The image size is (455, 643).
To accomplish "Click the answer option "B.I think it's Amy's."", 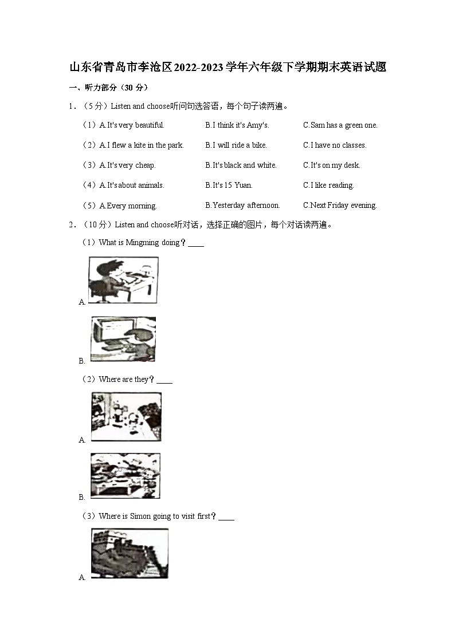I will coord(237,125).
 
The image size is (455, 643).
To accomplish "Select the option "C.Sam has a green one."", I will coord(340,125).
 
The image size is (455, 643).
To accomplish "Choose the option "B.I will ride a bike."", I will coord(236,145).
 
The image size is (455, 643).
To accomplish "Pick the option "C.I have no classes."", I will coord(335,145).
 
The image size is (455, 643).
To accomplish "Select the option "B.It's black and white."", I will coord(241,165).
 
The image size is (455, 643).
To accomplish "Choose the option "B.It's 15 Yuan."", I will coord(229,186).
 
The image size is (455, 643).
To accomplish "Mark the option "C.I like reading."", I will coord(328,186).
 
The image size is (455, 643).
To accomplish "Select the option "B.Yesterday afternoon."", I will coord(242,206).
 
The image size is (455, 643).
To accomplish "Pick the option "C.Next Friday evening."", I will coord(340,206).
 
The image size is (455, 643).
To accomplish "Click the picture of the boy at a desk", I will coord(123,280).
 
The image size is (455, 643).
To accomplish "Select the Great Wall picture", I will coord(130,553).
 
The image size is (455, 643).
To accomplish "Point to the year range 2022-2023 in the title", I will coord(198,68).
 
